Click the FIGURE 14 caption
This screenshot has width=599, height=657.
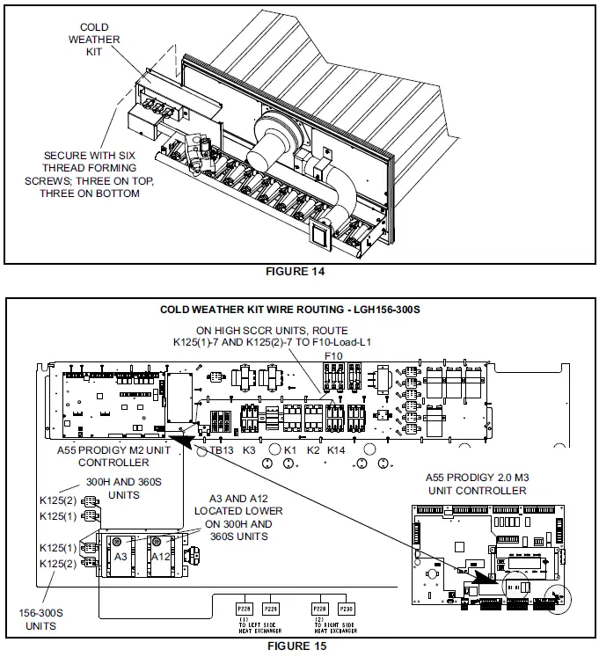(295, 272)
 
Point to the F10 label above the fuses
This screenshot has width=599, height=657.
(333, 356)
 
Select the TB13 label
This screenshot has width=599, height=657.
(221, 450)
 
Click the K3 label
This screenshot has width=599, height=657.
(249, 450)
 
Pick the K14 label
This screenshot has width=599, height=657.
(336, 450)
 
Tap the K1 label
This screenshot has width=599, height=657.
(289, 450)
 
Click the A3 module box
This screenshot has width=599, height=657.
(123, 557)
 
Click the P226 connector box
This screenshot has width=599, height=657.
(271, 609)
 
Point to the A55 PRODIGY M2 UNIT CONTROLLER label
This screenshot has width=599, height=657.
(120, 456)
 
